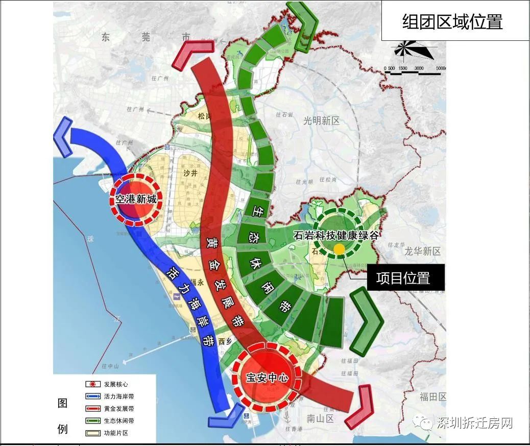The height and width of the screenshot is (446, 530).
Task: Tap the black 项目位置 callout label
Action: (403, 277)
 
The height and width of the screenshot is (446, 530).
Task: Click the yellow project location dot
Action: (339, 248)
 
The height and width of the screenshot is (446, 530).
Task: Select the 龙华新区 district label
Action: (423, 251)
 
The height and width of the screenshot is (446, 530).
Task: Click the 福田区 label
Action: (433, 397)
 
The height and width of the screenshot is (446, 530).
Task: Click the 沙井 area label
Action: (189, 173)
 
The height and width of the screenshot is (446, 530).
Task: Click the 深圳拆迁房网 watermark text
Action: (474, 422)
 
